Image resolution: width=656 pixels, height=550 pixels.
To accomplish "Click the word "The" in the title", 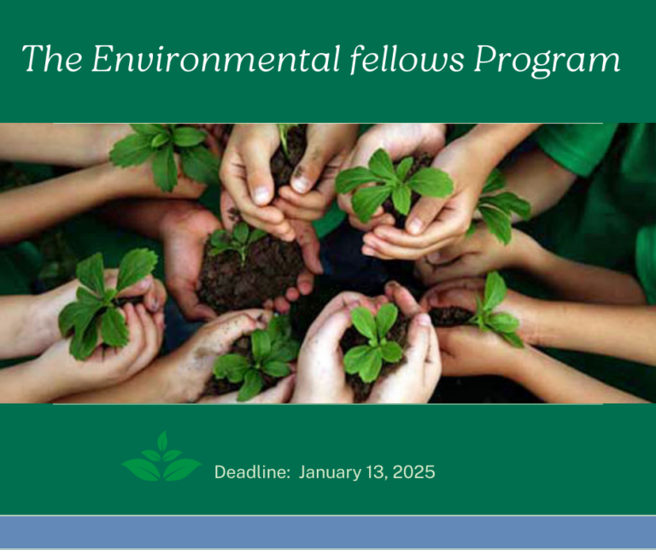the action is [x=52, y=58].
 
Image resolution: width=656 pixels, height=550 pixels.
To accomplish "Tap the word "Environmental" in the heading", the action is [x=216, y=58].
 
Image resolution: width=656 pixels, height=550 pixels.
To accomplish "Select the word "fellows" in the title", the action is [x=407, y=58].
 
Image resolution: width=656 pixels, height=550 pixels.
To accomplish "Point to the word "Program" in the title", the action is [x=547, y=61].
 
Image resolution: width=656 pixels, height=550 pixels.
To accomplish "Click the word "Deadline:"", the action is [x=252, y=471].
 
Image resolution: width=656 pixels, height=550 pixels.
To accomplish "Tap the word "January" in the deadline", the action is [x=330, y=472].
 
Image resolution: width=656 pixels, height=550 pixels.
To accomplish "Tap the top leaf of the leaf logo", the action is [x=162, y=442].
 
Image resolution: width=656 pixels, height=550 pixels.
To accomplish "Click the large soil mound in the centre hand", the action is [x=249, y=272].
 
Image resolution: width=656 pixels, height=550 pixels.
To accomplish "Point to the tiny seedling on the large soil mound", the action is [x=237, y=241].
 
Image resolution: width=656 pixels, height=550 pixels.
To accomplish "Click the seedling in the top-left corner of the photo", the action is [x=164, y=155].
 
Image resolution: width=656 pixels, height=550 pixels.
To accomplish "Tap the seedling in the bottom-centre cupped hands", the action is [x=373, y=342].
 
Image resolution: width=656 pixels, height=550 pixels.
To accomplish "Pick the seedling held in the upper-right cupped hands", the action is [x=393, y=183].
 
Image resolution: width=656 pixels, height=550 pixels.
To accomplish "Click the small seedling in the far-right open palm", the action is [x=496, y=310].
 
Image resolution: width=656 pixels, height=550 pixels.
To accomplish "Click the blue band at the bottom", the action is [x=328, y=532].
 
